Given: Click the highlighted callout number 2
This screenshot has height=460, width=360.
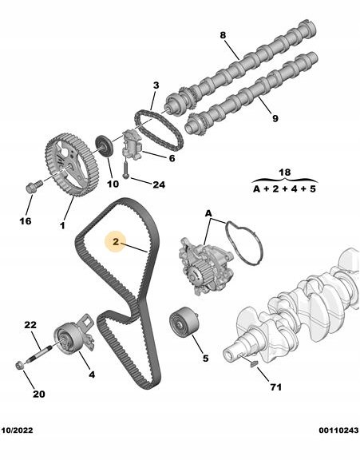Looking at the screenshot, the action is (116, 242).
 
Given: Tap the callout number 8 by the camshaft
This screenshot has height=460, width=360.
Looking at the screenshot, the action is (223, 35).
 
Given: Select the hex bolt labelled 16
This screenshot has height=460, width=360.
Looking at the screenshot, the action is (34, 187).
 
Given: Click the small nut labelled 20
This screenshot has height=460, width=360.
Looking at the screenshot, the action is (20, 366).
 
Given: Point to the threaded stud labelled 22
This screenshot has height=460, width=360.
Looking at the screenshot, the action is (40, 353).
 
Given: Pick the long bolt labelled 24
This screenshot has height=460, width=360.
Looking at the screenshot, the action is (126, 168).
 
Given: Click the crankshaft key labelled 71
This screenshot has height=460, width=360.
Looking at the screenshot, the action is (253, 364).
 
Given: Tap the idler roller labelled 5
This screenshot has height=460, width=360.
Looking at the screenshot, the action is (184, 322).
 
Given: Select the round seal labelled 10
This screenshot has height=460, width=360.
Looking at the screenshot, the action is (104, 146).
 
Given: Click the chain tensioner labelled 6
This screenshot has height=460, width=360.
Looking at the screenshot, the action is (132, 144).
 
